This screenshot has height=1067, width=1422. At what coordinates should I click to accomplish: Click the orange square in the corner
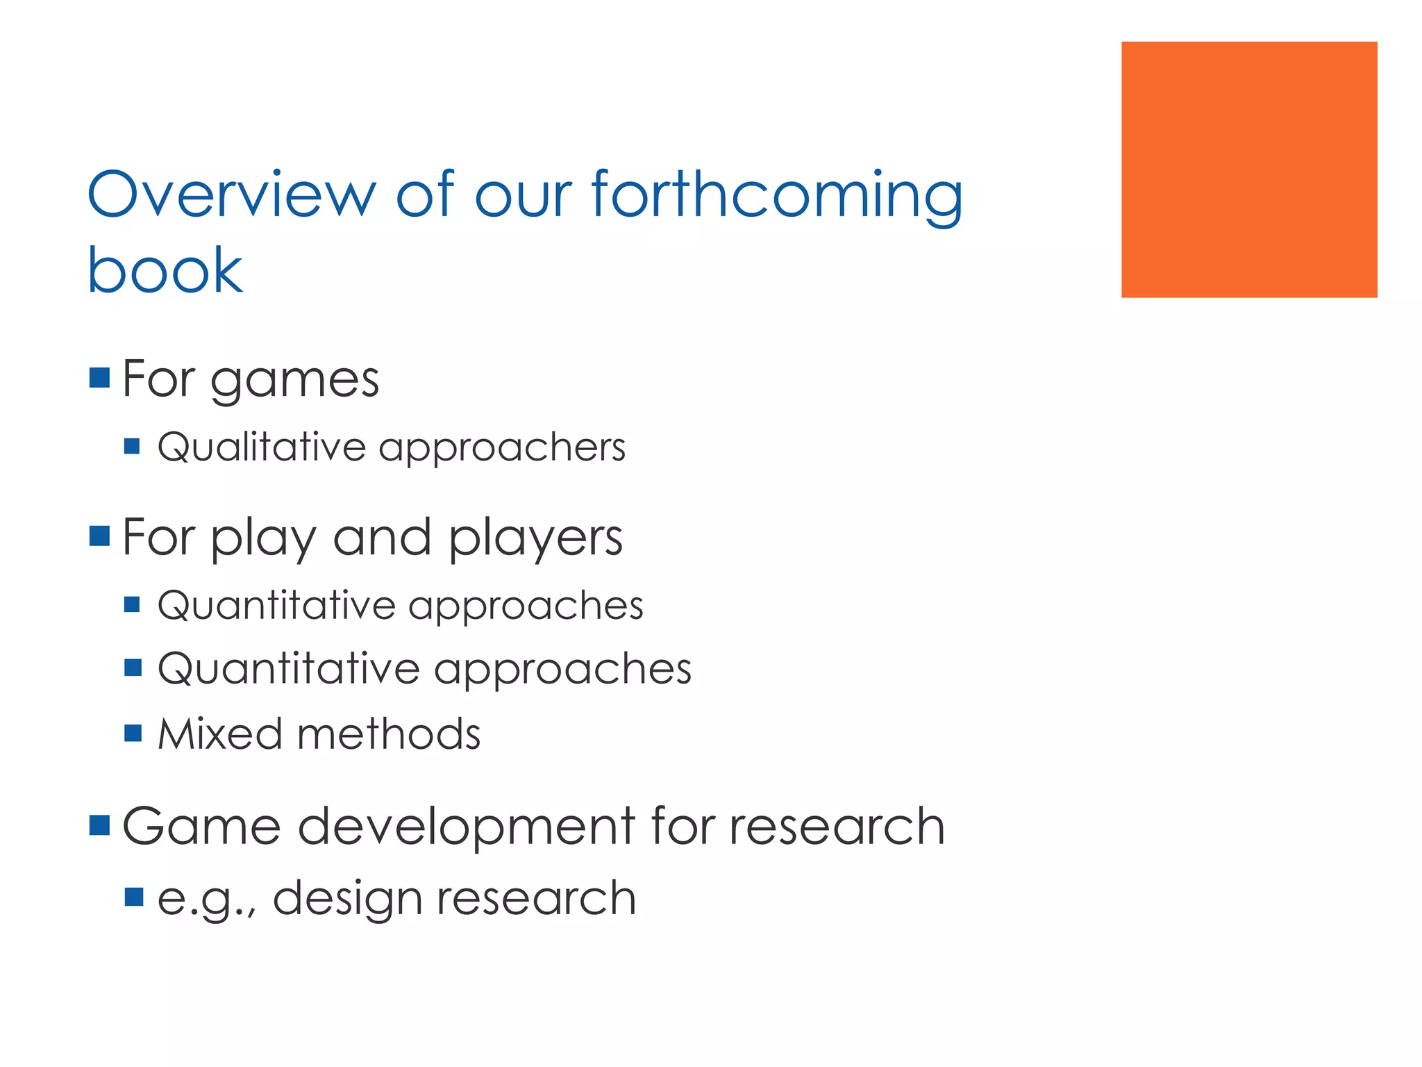pos(1248,169)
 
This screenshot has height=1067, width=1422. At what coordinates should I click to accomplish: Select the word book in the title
pos(165,270)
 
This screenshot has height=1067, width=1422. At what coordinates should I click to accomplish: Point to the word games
pos(294,381)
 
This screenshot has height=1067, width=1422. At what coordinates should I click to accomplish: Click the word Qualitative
pos(261,447)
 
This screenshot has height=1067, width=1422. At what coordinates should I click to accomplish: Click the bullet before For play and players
pos(100,536)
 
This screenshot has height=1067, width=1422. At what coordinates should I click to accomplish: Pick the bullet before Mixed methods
pos(133,733)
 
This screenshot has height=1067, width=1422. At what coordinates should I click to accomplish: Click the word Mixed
pos(219,734)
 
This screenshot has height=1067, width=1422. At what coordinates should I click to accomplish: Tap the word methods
pos(389,734)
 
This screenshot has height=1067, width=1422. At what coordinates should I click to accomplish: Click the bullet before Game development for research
pos(100,825)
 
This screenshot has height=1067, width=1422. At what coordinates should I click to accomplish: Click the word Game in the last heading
pos(201,826)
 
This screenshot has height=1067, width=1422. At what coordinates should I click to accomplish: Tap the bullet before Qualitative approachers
pos(133,445)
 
